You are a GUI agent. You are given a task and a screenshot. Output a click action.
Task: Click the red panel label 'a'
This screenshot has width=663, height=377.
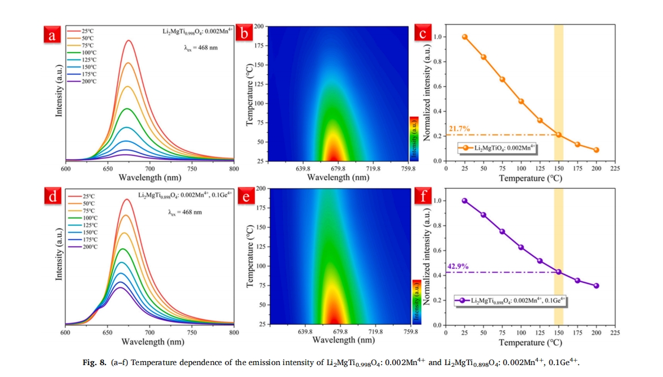pyautogui.click(x=53, y=35)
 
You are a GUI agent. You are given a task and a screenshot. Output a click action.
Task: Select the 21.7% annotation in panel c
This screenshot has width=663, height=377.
pyautogui.click(x=459, y=129)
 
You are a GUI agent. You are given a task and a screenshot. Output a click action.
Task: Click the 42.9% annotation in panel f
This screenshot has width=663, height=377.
pyautogui.click(x=459, y=266)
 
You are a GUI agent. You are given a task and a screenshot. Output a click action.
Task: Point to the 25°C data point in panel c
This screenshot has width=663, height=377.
pyautogui.click(x=465, y=37)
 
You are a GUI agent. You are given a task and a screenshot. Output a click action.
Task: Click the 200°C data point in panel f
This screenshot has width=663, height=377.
pyautogui.click(x=596, y=286)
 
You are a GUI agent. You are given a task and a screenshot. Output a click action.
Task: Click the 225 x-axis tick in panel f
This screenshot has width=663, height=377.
pyautogui.click(x=615, y=332)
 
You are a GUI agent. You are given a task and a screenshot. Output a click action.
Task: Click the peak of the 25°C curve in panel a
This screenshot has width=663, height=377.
pyautogui.click(x=129, y=41)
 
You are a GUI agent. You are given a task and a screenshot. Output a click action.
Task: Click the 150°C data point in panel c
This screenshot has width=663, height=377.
pyautogui.click(x=558, y=134)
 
